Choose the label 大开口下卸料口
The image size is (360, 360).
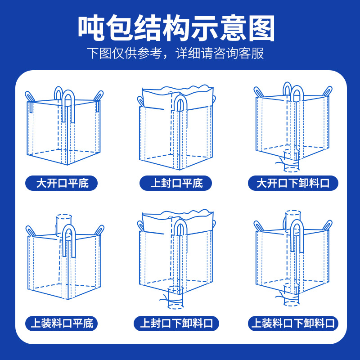293,184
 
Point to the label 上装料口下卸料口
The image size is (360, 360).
293,323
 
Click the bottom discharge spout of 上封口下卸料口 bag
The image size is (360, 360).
175,298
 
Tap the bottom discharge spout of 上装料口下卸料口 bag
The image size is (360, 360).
291,296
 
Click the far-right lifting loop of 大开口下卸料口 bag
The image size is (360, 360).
328,90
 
